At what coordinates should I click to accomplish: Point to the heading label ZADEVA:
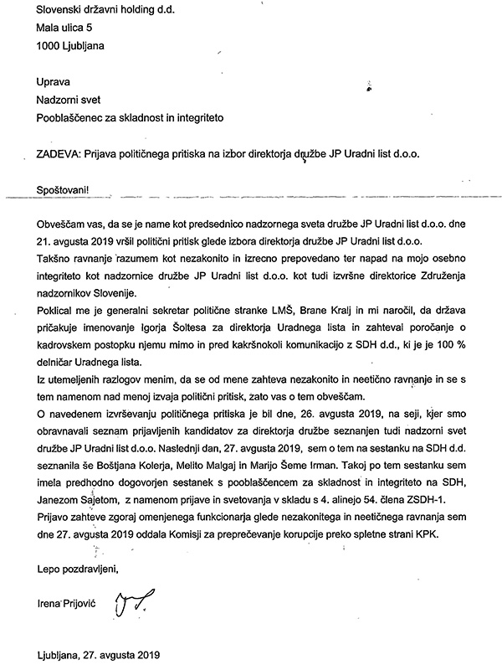tap(59, 155)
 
